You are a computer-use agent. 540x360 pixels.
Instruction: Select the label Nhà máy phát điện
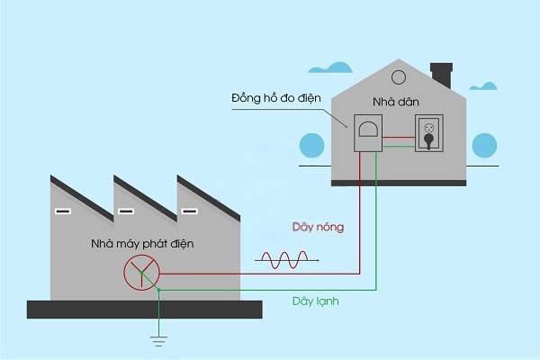[x=142, y=244]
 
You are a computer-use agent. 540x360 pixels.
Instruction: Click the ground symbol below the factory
[x=157, y=339]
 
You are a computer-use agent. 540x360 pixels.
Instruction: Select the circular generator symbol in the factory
[x=141, y=271]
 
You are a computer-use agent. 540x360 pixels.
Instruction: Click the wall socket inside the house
[x=428, y=138]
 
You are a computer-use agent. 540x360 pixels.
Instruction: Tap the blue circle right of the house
[x=484, y=145]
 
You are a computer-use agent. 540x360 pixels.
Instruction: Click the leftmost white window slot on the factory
[x=61, y=212]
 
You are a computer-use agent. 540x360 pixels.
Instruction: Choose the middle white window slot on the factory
[x=126, y=212]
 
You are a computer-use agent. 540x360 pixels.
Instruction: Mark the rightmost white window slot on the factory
[x=189, y=212]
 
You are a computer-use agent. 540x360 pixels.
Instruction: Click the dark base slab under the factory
[x=144, y=309]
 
